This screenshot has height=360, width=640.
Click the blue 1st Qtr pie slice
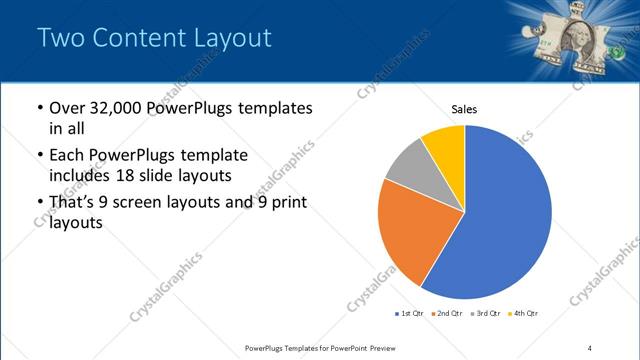[x=505, y=215]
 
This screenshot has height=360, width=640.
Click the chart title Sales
[x=464, y=108]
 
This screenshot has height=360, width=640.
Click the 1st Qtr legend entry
[x=409, y=314]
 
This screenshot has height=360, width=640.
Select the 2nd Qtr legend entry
[x=446, y=314]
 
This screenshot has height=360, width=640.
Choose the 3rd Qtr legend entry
[x=484, y=314]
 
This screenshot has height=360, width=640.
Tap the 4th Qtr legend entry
[x=523, y=314]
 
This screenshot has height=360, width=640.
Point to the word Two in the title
[x=58, y=38]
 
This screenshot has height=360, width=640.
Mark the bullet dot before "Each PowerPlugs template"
[x=39, y=157]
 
